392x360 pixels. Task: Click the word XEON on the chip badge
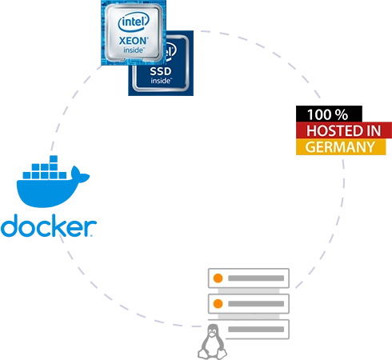pyautogui.click(x=134, y=41)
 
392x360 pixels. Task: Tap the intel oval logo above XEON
pyautogui.click(x=134, y=22)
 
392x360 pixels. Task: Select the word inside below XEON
pyautogui.click(x=134, y=50)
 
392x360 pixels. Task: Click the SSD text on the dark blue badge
pyautogui.click(x=161, y=71)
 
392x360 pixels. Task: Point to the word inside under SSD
pyautogui.click(x=162, y=80)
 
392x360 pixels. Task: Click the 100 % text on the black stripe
pyautogui.click(x=327, y=114)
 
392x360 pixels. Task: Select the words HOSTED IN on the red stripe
pyautogui.click(x=343, y=130)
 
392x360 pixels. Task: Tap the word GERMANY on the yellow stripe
pyautogui.click(x=340, y=147)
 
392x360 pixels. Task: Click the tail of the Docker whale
pyautogui.click(x=80, y=174)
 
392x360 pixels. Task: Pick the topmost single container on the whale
pyautogui.click(x=54, y=159)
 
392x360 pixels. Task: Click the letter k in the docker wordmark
pyautogui.click(x=66, y=226)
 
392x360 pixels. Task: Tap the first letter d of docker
pyautogui.click(x=10, y=226)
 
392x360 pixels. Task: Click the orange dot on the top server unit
pyautogui.click(x=218, y=278)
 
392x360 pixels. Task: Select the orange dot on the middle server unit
pyautogui.click(x=218, y=304)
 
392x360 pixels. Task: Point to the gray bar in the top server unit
pyautogui.click(x=256, y=278)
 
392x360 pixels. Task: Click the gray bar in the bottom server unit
pyautogui.click(x=256, y=330)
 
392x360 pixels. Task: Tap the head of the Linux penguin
pyautogui.click(x=213, y=331)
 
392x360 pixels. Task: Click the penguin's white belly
pyautogui.click(x=212, y=346)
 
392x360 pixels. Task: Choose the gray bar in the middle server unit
pyautogui.click(x=256, y=304)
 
